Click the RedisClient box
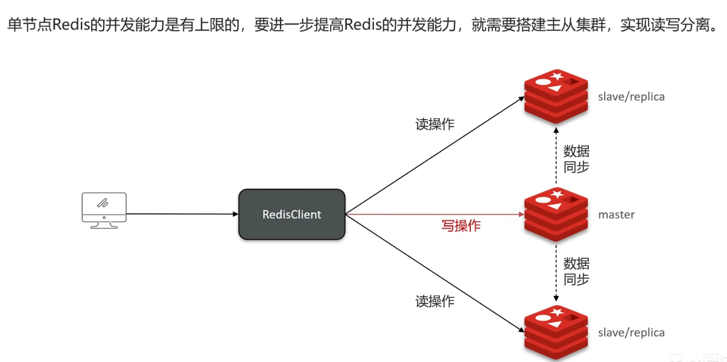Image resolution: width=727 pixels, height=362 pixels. pos(292,214)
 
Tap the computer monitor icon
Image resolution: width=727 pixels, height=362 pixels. pos(104,210)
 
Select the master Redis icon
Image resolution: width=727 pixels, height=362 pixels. pos(556,214)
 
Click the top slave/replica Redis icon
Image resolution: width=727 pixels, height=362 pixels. pos(556,97)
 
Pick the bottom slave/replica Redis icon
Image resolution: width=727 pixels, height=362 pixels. pos(556,332)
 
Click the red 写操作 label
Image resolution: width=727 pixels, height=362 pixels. pos(461,225)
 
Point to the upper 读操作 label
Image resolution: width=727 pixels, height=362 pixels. pos(435,125)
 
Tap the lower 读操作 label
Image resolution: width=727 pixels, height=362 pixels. pos(435,301)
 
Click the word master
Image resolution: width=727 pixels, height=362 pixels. pos(616,215)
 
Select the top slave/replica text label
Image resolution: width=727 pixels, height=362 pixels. pos(631,97)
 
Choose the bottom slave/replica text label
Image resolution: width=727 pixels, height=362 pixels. pos(631,333)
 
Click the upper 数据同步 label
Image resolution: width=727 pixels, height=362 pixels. pos(576,159)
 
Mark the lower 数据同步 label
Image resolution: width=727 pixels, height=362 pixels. pos(576,271)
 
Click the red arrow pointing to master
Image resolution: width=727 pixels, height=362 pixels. pos(433,214)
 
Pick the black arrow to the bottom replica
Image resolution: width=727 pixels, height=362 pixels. pos(433,273)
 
